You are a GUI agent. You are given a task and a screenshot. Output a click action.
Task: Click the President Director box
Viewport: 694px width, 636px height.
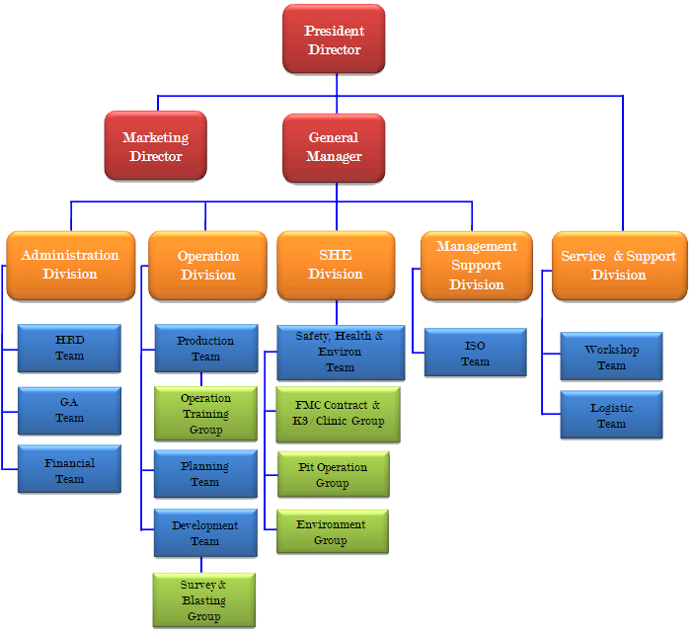334,40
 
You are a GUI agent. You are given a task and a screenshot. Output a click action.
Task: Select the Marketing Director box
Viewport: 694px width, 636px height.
156,146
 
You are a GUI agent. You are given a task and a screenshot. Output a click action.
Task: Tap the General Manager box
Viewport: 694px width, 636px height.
334,147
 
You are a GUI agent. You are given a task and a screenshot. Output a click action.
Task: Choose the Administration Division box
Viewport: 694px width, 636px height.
70,265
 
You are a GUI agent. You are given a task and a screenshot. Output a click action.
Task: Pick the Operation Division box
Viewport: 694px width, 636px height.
208,265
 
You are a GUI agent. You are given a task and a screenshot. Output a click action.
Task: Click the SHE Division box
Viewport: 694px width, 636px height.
336,265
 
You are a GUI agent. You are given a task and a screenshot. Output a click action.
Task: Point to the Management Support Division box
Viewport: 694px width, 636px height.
477,265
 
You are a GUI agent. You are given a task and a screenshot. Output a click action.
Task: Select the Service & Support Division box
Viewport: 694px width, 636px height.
618,265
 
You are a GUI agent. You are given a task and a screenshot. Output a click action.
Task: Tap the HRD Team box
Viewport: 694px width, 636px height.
70,348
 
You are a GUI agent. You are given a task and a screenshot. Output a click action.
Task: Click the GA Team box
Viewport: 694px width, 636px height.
70,410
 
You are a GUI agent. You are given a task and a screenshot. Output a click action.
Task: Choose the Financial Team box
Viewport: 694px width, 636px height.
70,471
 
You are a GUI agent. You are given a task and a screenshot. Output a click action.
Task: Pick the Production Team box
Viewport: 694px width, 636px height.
205,349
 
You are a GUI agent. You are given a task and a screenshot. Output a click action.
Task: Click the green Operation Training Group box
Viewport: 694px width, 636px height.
205,414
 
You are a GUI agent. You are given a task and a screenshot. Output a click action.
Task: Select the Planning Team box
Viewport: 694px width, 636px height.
205,474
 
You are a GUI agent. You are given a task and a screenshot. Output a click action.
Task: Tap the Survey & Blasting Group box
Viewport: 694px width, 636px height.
204,600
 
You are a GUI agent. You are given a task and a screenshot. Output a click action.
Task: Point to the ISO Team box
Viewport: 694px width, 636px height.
475,354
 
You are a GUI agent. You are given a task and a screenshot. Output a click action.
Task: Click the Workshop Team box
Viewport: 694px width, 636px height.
611,357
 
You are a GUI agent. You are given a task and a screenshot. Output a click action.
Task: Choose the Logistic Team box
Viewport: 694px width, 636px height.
611,415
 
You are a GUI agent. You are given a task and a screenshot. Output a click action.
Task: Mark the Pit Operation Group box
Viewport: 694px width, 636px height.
333,475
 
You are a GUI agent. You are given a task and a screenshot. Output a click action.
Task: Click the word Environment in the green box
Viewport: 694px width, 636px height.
331,525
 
